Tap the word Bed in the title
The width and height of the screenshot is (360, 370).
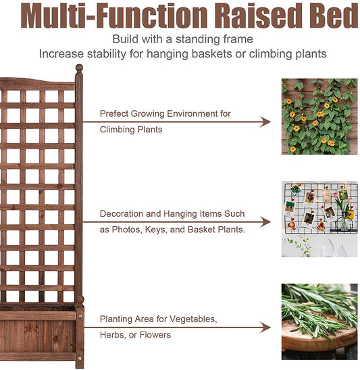[328, 16]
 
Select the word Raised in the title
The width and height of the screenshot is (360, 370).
[255, 16]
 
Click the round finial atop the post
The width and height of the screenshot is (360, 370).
[79, 69]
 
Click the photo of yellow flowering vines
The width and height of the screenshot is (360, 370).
[319, 116]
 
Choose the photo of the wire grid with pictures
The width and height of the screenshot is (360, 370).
[319, 219]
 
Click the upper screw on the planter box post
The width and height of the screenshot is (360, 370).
[80, 313]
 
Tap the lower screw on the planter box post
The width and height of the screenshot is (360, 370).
[80, 359]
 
